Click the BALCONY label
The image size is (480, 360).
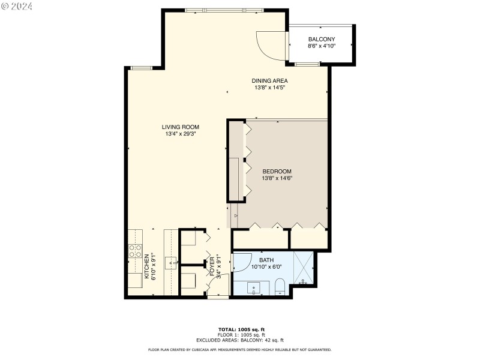coord(322,39)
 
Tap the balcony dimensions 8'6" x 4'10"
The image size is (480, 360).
coord(322,46)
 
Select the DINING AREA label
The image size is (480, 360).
coord(269,80)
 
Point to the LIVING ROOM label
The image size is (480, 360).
coord(180,127)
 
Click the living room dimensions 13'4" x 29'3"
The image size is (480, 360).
coord(180,134)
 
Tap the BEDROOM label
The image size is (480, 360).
coord(277,171)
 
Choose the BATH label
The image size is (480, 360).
coord(266,260)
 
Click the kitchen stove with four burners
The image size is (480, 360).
coord(136,251)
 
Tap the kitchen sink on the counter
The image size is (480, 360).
coord(171,262)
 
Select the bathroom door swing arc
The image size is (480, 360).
coord(241,261)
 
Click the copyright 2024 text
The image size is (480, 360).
coord(17,6)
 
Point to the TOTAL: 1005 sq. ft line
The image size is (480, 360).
coord(240,329)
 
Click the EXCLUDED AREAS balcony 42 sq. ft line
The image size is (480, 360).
coord(240,340)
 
